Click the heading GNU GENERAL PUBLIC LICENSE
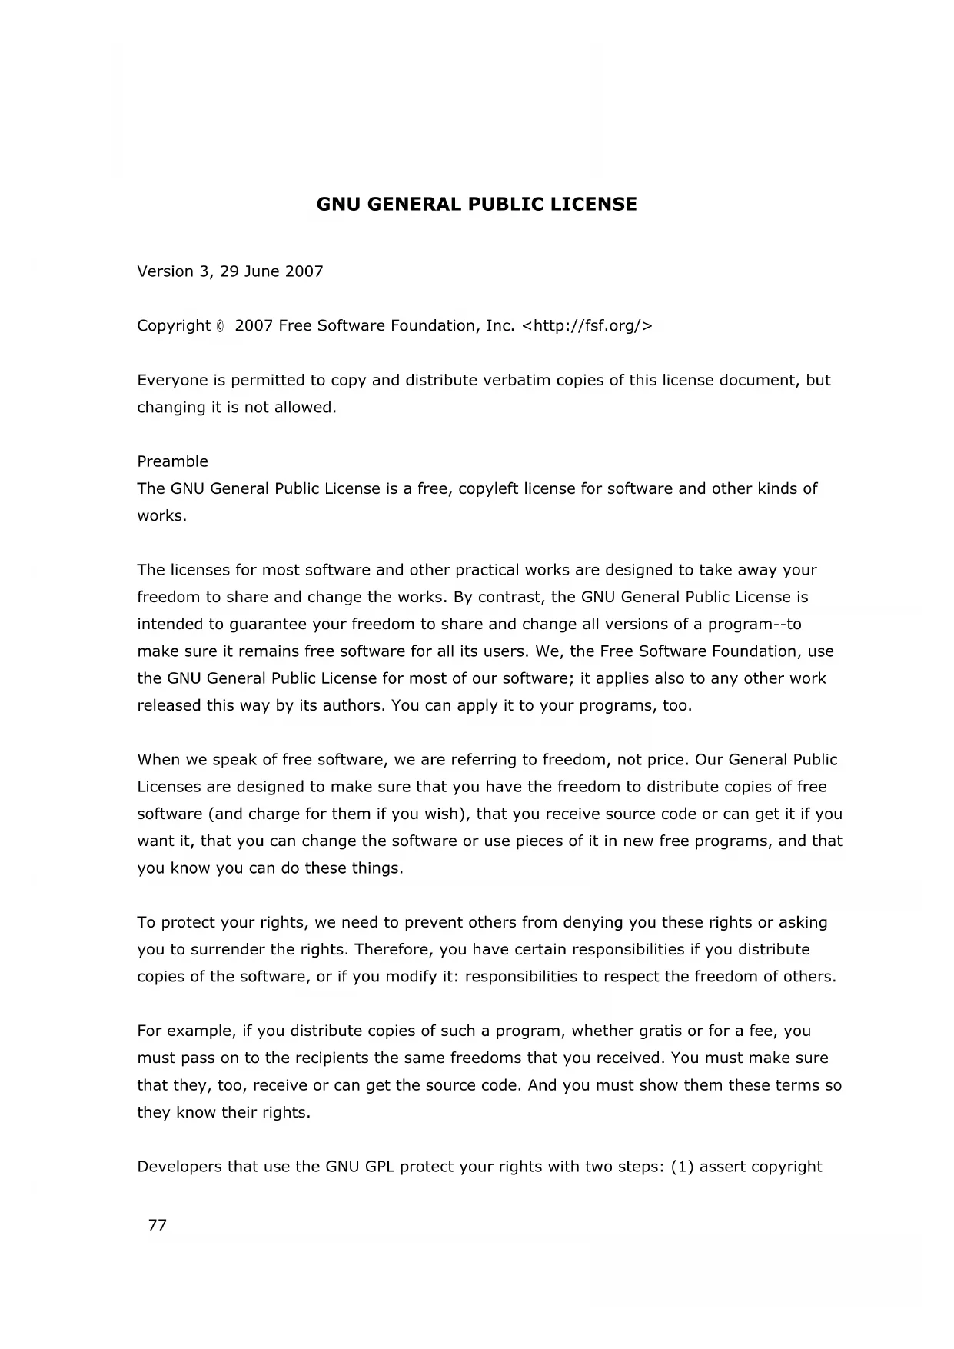pos(477,205)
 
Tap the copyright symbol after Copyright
pos(221,326)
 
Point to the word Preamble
pos(172,461)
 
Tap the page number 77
pos(158,1225)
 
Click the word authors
pos(340,705)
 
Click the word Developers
pos(179,1167)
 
